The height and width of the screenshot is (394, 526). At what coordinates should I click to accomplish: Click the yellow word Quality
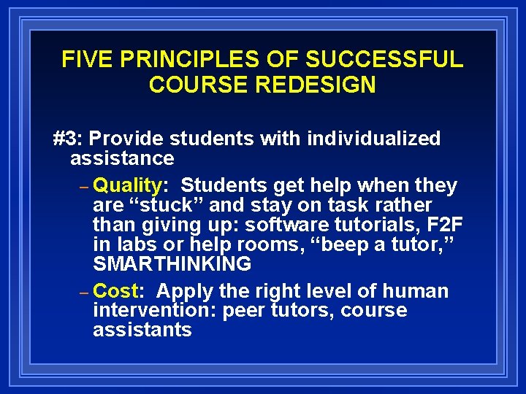tap(126, 186)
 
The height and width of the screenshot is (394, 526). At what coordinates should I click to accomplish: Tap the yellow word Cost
tap(117, 291)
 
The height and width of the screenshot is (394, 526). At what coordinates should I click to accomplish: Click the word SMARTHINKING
tap(172, 263)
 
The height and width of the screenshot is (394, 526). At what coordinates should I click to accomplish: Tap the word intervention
tap(155, 311)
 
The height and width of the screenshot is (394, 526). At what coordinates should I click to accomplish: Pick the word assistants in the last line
tap(142, 330)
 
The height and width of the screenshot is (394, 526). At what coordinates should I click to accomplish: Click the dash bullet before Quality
tap(84, 188)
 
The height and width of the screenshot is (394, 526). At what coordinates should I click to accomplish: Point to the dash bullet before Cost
tap(84, 293)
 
